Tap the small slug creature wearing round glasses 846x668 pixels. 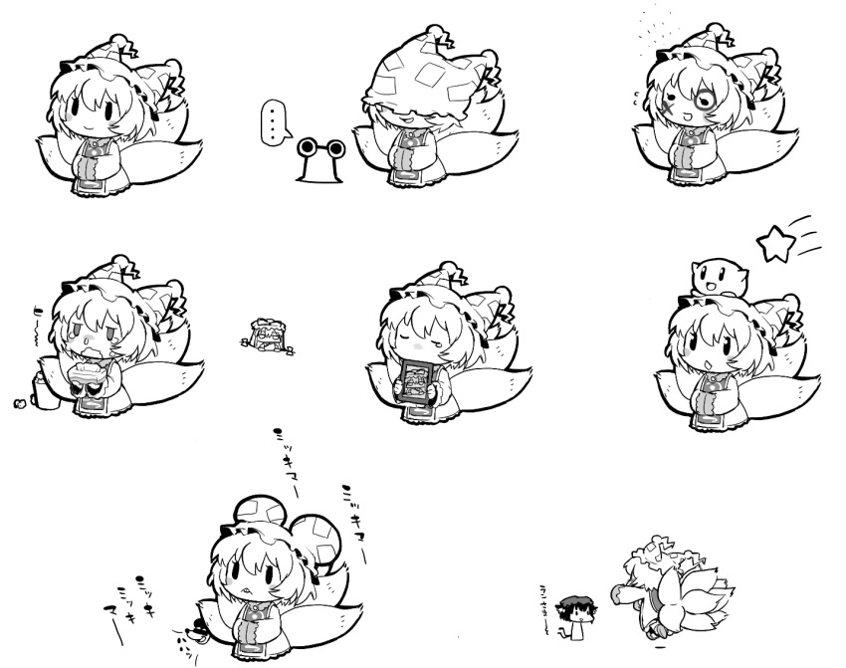click(319, 160)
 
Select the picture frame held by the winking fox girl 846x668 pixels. click(417, 382)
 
